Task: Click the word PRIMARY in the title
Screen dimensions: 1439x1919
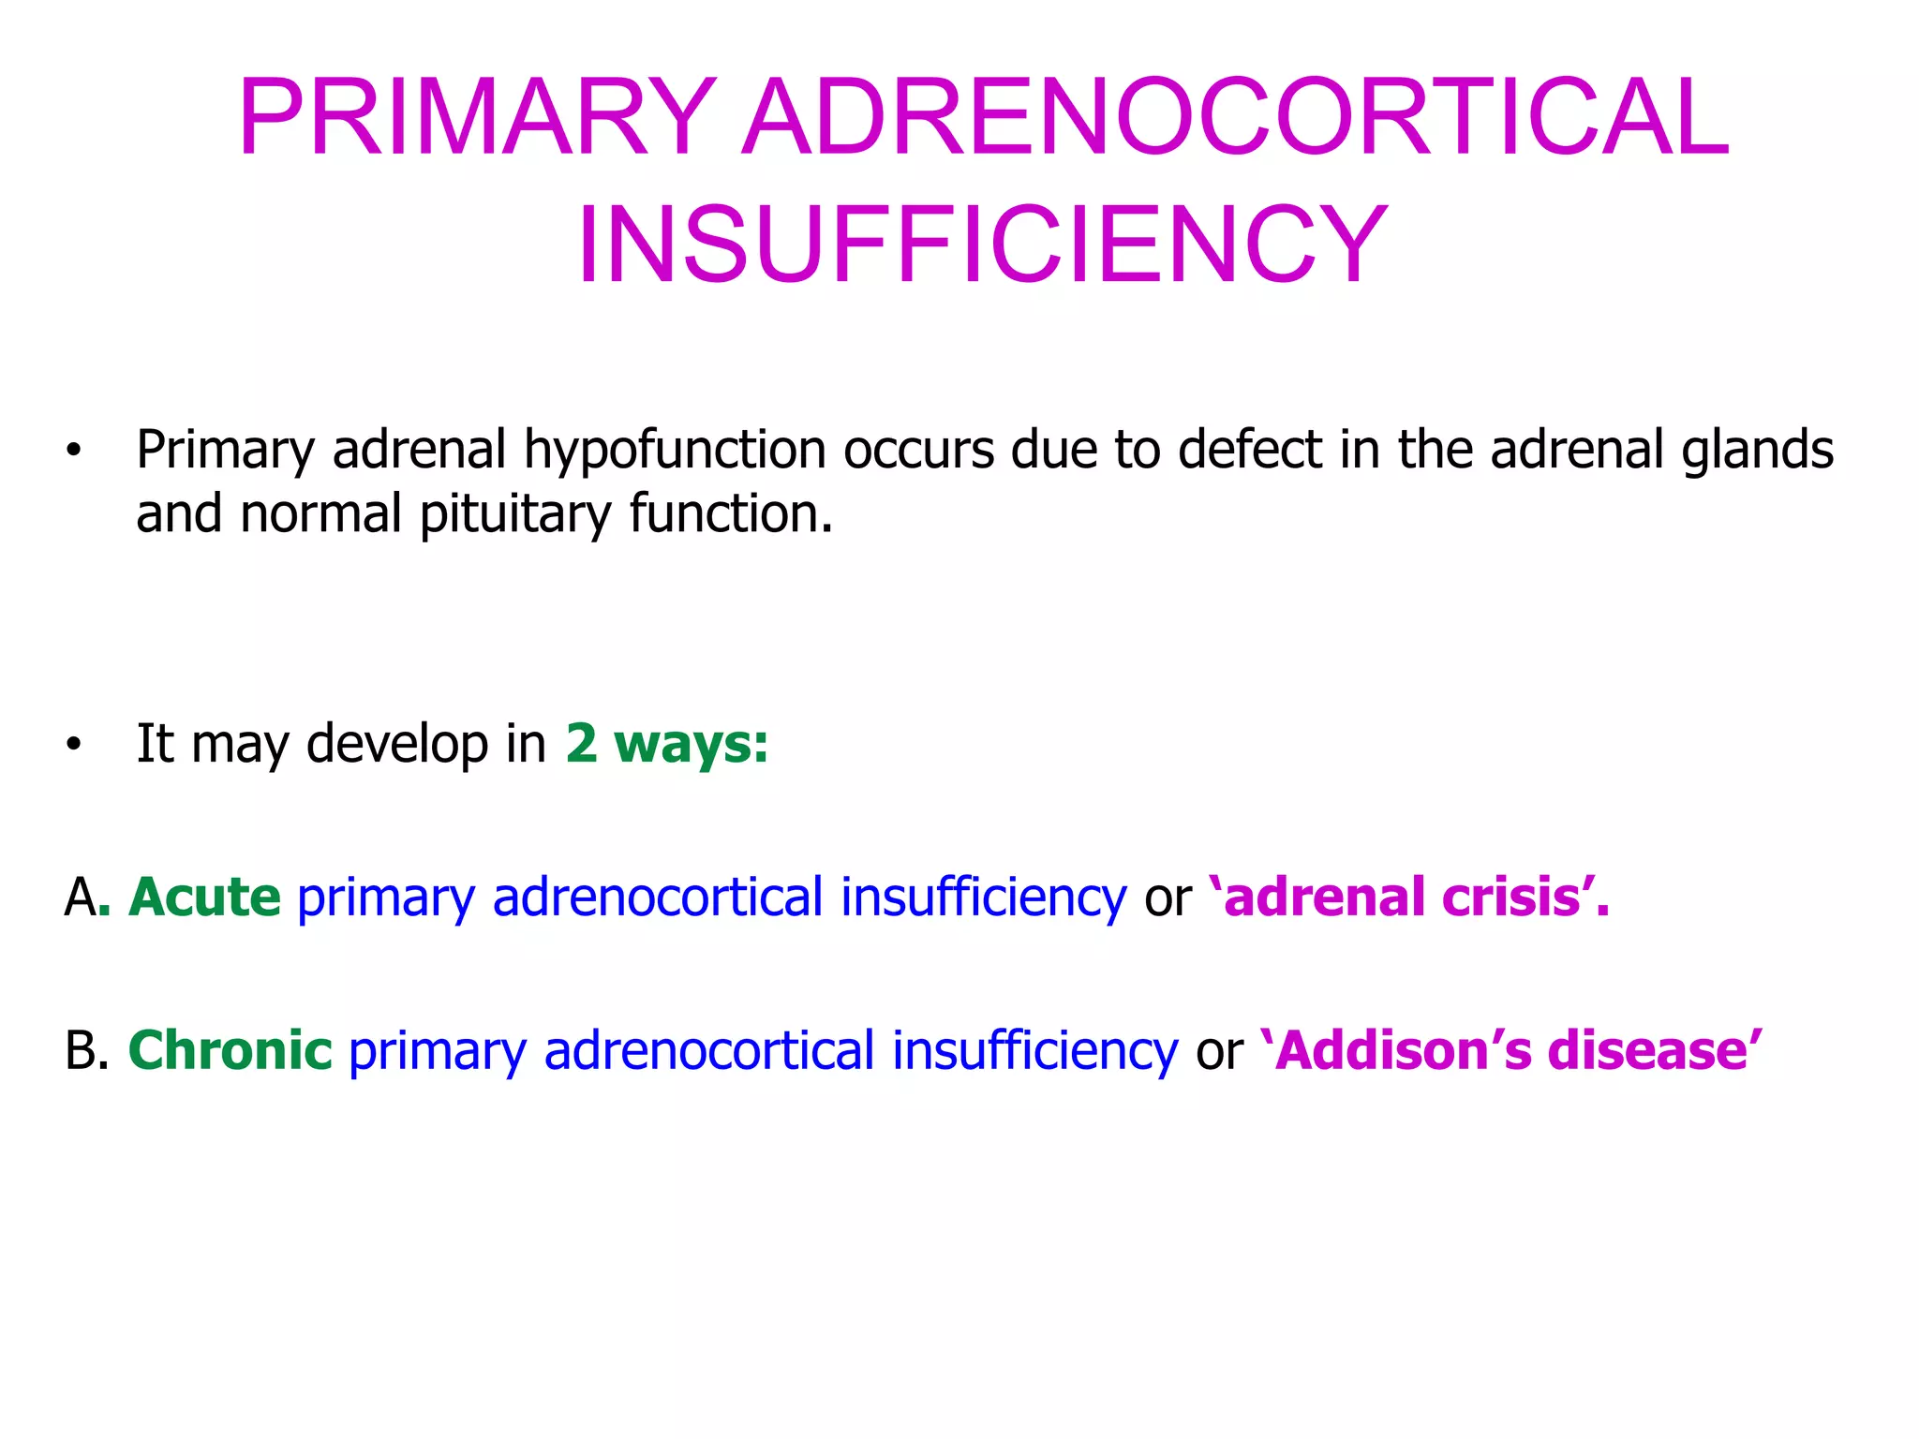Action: tap(476, 118)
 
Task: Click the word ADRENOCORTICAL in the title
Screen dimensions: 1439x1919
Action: tap(1235, 118)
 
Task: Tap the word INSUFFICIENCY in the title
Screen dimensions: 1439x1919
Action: tap(981, 245)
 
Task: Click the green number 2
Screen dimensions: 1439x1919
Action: tap(581, 744)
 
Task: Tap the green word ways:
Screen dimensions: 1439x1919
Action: tap(692, 744)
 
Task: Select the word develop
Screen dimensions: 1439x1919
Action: tap(397, 746)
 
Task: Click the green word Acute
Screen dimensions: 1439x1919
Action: tap(204, 897)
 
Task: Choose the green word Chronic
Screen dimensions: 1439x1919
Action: tap(230, 1050)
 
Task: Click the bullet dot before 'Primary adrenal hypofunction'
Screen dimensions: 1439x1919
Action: tap(74, 452)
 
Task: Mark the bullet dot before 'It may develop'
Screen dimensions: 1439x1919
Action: tap(74, 747)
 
